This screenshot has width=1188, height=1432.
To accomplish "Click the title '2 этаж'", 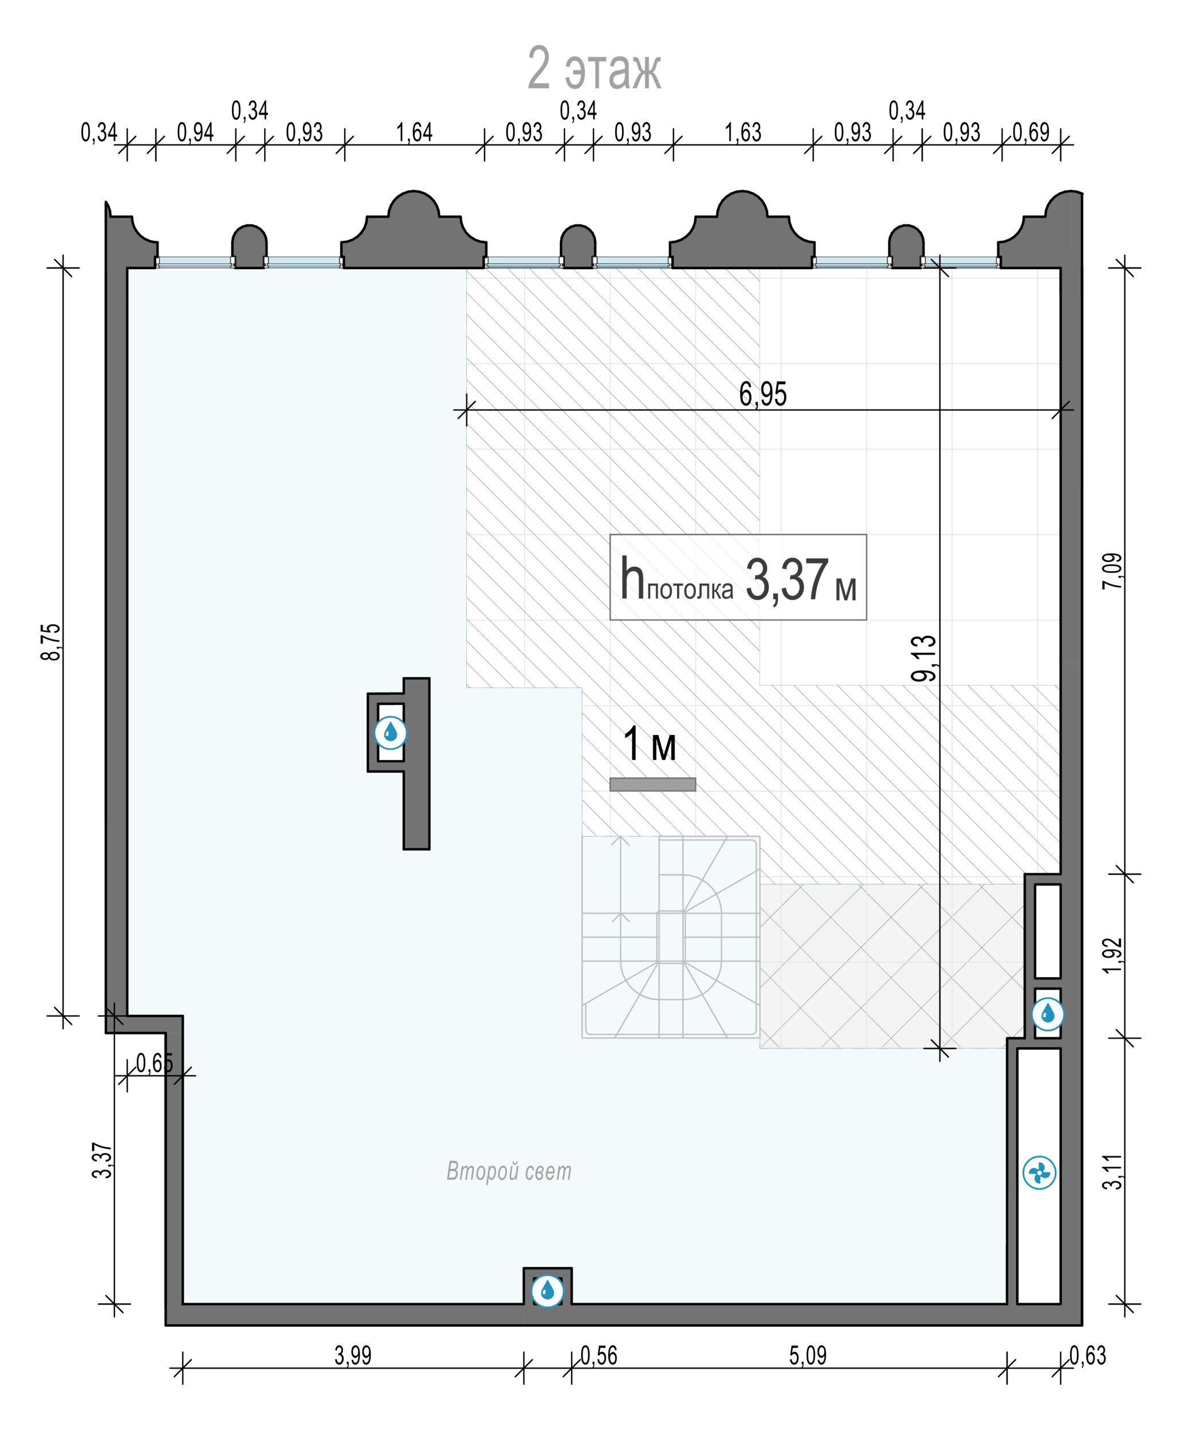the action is tap(594, 69).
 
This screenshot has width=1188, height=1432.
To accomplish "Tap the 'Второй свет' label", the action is tap(509, 1171).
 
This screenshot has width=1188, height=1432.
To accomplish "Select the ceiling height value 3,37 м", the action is tap(801, 579).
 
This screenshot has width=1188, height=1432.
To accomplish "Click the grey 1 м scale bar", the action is tap(652, 784).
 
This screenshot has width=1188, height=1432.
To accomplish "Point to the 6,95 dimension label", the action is tap(763, 394).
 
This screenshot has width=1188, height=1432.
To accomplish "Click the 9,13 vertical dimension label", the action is tap(925, 658).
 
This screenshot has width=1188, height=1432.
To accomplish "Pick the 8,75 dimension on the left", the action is tap(51, 641).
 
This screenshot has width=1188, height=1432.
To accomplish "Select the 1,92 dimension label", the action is tap(1112, 956).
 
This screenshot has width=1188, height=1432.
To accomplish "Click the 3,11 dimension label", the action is tap(1112, 1171).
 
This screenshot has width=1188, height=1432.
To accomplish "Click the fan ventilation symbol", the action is tap(1039, 1173).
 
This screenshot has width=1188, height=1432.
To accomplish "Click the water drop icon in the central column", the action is tap(391, 733).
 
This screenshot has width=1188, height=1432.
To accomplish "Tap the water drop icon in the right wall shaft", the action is tap(1048, 1014).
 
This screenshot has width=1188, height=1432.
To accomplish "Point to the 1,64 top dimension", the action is tap(415, 132).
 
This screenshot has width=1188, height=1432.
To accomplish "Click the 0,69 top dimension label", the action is tap(1031, 132).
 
